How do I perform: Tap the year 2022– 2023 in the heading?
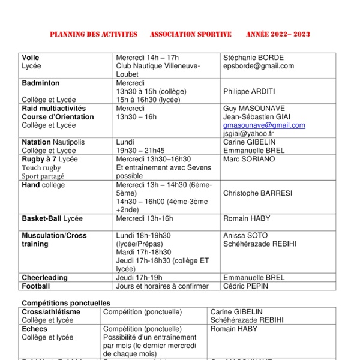(291, 34)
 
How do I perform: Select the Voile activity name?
(31, 58)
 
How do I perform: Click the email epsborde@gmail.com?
(258, 66)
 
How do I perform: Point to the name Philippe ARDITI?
(249, 92)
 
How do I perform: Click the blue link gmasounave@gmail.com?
(264, 125)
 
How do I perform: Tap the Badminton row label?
(41, 83)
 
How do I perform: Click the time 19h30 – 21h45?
(140, 151)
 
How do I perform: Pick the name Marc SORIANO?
(249, 159)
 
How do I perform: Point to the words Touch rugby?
(41, 168)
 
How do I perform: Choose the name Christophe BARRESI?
(258, 193)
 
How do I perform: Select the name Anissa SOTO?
(245, 236)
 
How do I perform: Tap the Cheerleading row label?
(45, 278)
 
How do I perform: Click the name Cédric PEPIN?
(245, 286)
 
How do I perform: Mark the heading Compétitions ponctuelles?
(66, 303)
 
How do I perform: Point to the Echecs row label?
(34, 329)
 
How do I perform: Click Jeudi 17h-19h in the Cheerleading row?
(139, 278)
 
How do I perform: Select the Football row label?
(36, 286)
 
